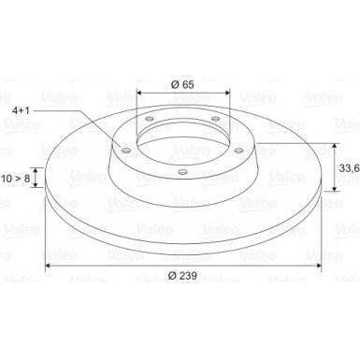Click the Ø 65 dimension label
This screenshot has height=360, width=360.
(x=182, y=84)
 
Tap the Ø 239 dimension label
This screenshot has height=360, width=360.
(x=182, y=276)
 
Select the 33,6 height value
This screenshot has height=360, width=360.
(x=349, y=168)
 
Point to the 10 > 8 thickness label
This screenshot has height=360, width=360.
(x=16, y=179)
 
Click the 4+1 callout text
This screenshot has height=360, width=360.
(x=21, y=110)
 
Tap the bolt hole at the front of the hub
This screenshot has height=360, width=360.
(x=182, y=171)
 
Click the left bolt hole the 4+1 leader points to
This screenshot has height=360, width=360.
(x=125, y=151)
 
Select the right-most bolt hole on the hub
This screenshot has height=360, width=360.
(x=238, y=151)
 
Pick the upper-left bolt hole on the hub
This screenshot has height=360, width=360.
(x=150, y=119)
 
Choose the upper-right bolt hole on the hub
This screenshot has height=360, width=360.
(x=215, y=118)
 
